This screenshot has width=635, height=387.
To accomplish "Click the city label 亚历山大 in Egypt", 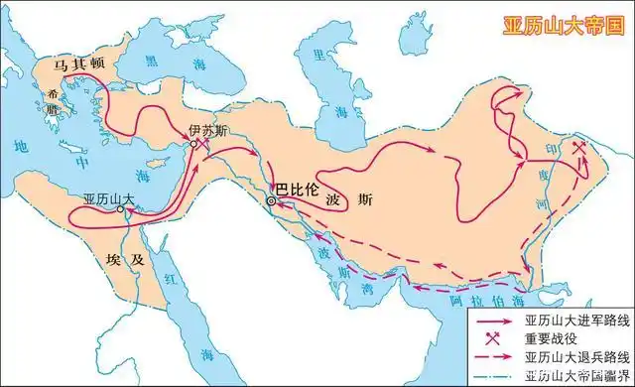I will pyautogui.click(x=109, y=198).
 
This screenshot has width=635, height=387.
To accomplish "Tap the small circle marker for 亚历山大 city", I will pyautogui.click(x=120, y=210).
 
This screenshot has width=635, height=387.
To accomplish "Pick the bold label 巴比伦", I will pyautogui.click(x=297, y=186).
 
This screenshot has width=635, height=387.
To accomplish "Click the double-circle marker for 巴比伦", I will pyautogui.click(x=271, y=201).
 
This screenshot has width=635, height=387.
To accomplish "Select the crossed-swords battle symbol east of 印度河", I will pyautogui.click(x=579, y=150).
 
